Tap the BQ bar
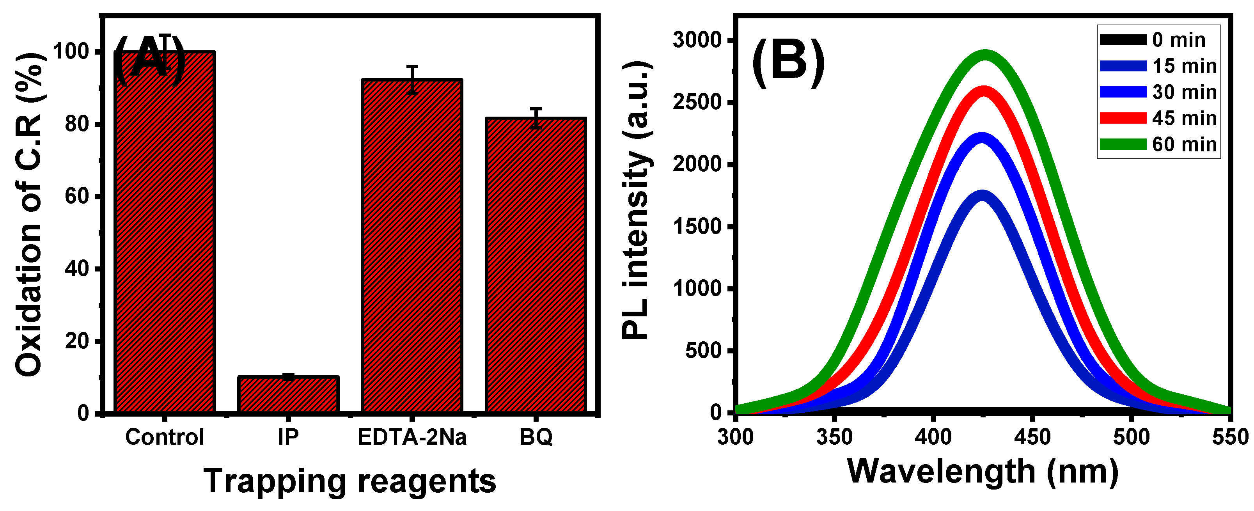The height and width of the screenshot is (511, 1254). tap(536, 265)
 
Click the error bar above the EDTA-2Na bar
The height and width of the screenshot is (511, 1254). tap(412, 79)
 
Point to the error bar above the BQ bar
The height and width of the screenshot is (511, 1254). tap(536, 118)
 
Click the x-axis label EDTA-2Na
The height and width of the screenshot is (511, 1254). tap(412, 437)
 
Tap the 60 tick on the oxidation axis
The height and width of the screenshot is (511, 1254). tap(78, 196)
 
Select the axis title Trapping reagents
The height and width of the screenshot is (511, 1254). tap(349, 481)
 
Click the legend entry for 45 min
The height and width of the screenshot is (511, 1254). tap(1158, 118)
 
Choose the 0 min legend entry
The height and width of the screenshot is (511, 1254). tap(1154, 40)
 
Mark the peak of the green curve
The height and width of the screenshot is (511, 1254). tap(986, 55)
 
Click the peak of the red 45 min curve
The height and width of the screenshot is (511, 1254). tap(984, 91)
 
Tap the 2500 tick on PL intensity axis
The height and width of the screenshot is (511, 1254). tap(697, 102)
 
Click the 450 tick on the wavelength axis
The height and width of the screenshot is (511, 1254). tap(1032, 437)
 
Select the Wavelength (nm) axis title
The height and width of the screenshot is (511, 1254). tap(983, 471)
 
